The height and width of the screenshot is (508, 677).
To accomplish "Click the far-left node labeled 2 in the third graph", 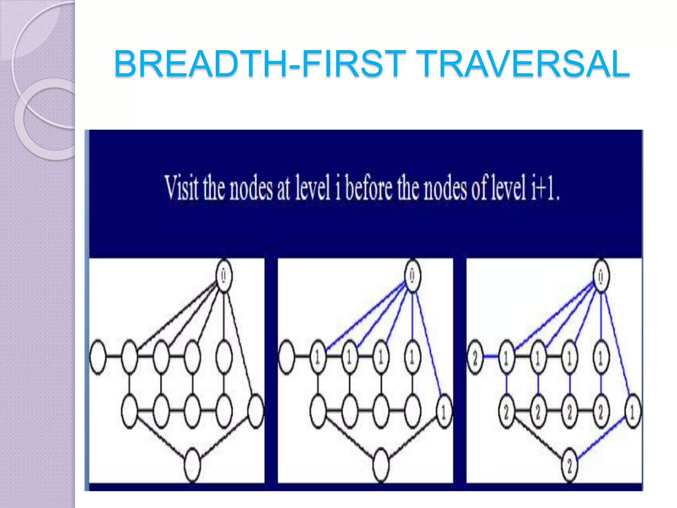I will (x=475, y=357).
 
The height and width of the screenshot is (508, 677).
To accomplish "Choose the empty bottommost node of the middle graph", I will (x=381, y=465).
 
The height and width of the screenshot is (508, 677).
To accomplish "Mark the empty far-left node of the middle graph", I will (x=286, y=357).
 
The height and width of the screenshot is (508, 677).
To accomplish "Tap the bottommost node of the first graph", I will (x=192, y=465).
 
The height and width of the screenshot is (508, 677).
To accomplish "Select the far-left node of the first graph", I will (x=98, y=357).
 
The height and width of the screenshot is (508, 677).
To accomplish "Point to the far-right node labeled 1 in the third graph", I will (x=632, y=412).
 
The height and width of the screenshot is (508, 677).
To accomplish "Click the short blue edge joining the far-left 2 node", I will (x=491, y=357).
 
